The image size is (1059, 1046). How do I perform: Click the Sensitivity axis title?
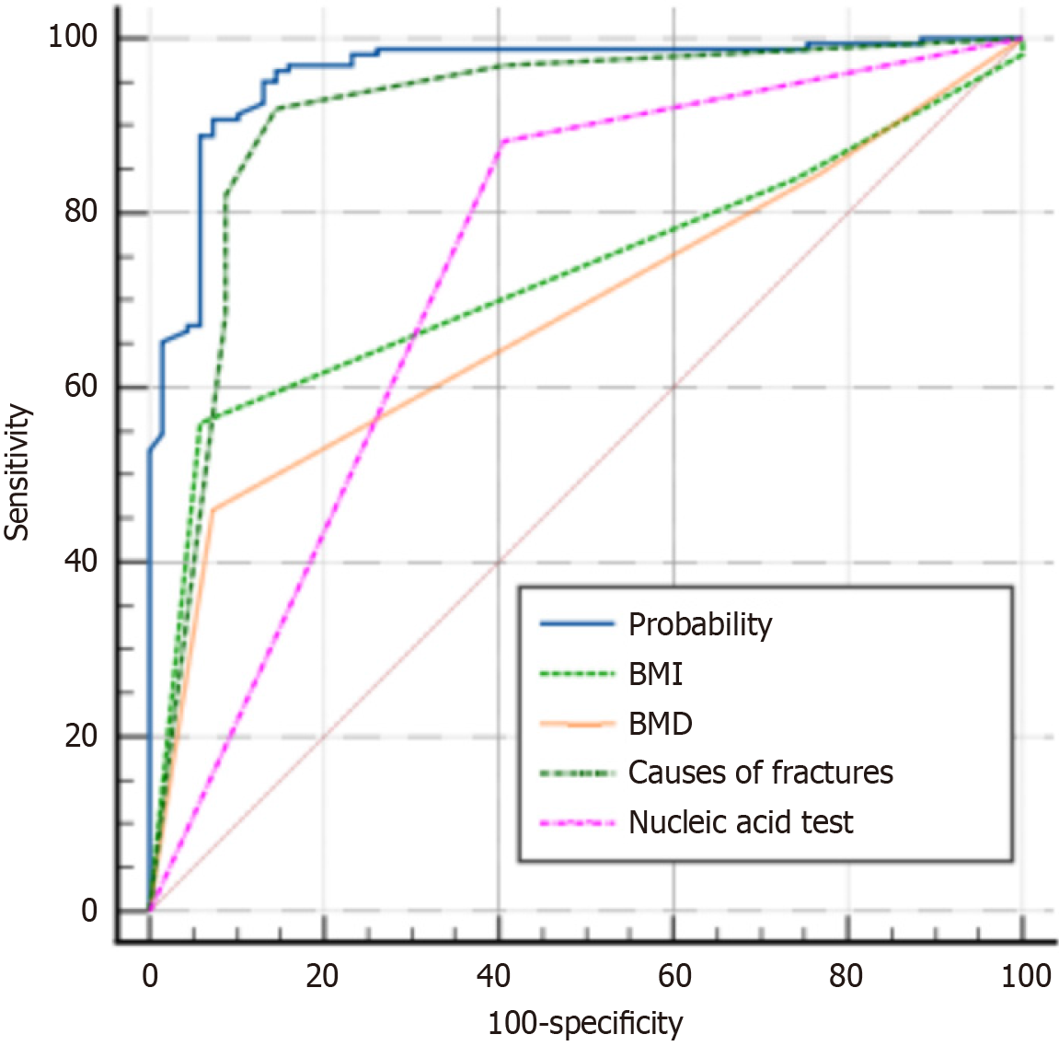(x=17, y=472)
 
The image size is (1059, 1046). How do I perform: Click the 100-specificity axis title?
(x=585, y=1023)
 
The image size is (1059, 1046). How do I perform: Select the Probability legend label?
(x=700, y=624)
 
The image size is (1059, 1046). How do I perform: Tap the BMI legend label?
(x=655, y=674)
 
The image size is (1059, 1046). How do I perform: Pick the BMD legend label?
(x=660, y=724)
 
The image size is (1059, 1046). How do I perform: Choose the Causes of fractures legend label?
(x=760, y=773)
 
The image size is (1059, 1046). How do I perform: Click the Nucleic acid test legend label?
(x=741, y=821)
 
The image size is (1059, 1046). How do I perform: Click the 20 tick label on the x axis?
(x=323, y=975)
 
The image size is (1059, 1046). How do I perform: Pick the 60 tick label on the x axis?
(x=673, y=975)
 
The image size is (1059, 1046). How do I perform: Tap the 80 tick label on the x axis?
(x=847, y=975)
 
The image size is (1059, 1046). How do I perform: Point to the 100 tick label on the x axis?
(x=1021, y=975)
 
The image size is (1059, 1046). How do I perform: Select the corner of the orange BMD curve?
(x=212, y=509)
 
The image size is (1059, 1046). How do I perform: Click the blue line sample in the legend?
(x=576, y=624)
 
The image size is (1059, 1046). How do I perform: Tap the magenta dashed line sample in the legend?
(x=576, y=821)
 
